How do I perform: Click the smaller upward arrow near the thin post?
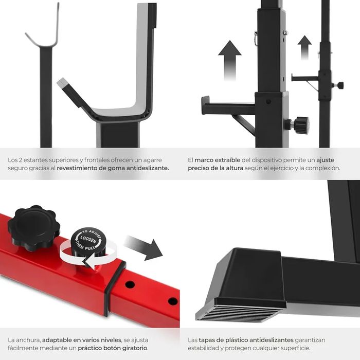click(x=304, y=47)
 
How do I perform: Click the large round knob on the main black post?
click(x=300, y=125)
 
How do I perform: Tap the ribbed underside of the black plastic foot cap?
click(x=239, y=313)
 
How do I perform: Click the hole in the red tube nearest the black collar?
click(x=130, y=284)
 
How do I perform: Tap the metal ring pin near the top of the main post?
click(x=256, y=38)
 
